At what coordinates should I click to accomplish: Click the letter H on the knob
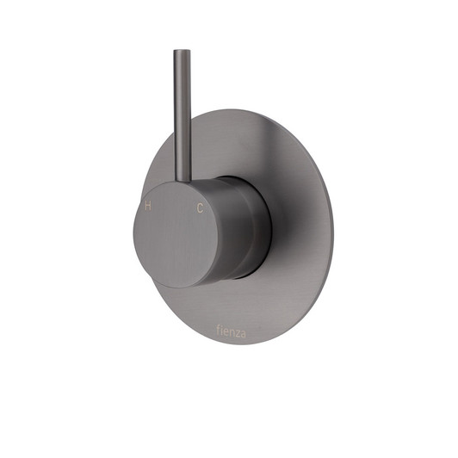(x=148, y=207)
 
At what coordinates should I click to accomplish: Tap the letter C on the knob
(x=200, y=208)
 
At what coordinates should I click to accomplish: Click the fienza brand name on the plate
(x=230, y=329)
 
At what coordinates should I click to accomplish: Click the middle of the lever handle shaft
(x=181, y=116)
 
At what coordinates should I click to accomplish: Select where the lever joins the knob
(x=183, y=181)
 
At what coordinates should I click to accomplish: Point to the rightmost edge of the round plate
(x=332, y=228)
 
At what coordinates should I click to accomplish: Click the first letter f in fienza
(x=216, y=329)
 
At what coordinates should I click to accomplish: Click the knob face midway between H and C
(x=174, y=207)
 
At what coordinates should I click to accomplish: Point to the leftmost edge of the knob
(x=134, y=234)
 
